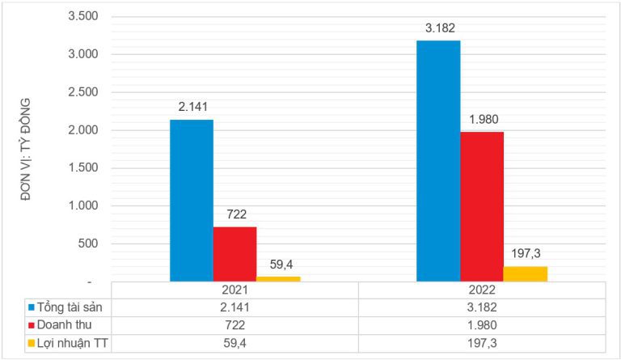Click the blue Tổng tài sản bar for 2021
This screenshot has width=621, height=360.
[x=192, y=200]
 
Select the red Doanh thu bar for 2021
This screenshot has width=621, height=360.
[x=234, y=253]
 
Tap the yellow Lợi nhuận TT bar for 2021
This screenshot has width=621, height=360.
[x=278, y=278]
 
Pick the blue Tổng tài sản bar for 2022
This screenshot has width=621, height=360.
[x=438, y=160]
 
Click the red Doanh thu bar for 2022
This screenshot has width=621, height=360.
[x=482, y=206]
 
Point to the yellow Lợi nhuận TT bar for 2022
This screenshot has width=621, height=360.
[x=526, y=273]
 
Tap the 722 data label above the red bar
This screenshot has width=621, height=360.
[x=235, y=214]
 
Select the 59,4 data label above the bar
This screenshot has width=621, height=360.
[x=279, y=264]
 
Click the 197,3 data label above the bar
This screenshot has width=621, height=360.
[x=526, y=253]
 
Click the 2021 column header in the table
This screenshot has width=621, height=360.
[x=234, y=290]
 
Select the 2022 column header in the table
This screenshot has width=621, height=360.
[x=482, y=290]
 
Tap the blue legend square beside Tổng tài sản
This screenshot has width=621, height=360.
[x=32, y=307]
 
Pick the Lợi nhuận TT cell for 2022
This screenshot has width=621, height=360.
[x=482, y=344]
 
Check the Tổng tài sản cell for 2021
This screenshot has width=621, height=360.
[x=234, y=307]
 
